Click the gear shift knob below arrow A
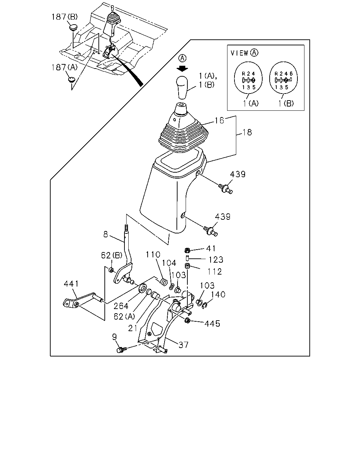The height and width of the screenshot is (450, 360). pyautogui.click(x=182, y=88)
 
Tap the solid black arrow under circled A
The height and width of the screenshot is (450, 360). pyautogui.click(x=182, y=69)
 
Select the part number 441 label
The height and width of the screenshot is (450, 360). pyautogui.click(x=71, y=284)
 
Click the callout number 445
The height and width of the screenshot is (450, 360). pyautogui.click(x=212, y=324)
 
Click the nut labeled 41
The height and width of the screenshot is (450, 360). pyautogui.click(x=187, y=250)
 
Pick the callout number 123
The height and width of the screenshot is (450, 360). pyautogui.click(x=216, y=260)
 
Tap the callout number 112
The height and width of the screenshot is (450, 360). pyautogui.click(x=214, y=272)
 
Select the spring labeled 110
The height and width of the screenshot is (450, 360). pyautogui.click(x=164, y=282)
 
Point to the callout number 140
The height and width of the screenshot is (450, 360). pyautogui.click(x=218, y=294)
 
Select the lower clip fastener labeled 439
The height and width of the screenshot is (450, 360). pyautogui.click(x=211, y=231)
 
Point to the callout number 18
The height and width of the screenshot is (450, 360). pyautogui.click(x=247, y=133)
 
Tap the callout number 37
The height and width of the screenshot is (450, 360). pyautogui.click(x=184, y=345)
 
